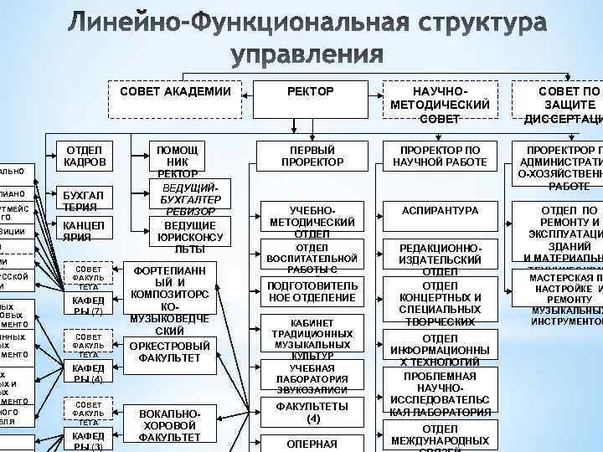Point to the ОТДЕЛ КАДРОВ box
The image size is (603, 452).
tap(84, 155)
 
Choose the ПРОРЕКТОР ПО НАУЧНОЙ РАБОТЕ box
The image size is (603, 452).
tap(440, 155)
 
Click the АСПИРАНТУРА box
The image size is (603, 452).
tap(440, 211)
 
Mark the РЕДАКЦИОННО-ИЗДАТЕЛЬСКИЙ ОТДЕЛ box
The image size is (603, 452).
tap(440, 260)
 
